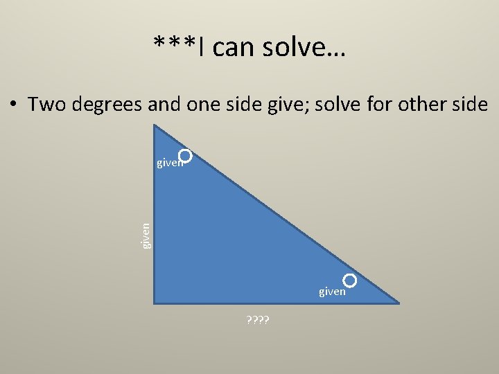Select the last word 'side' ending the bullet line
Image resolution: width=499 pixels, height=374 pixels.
[471, 105]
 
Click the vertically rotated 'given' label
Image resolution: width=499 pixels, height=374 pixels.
[146, 235]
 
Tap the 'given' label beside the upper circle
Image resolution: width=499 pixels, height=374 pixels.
[169, 163]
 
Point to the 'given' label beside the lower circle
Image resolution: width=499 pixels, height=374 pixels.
[332, 292]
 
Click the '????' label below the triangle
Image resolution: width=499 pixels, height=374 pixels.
[259, 319]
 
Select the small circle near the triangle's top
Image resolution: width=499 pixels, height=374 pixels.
[184, 157]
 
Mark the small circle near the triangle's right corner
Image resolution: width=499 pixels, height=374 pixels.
[350, 280]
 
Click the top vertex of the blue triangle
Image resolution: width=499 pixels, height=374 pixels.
[154, 125]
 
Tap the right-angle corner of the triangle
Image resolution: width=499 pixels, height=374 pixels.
[155, 302]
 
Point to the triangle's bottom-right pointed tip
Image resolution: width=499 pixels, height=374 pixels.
[398, 302]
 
